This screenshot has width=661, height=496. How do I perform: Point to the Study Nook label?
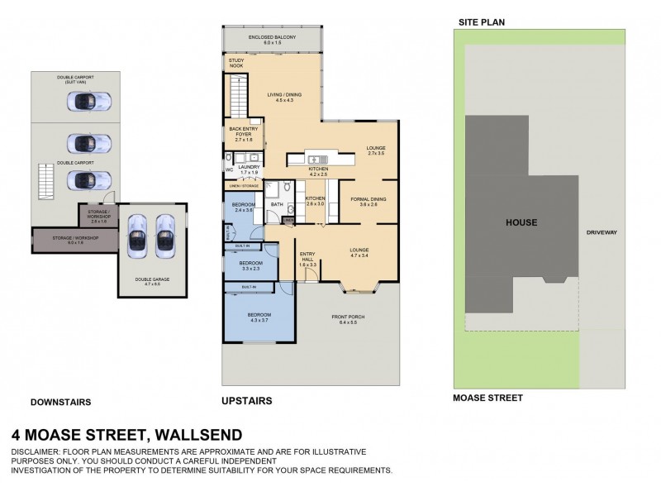tap(236, 64)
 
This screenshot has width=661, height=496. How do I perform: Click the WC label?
tap(229, 170)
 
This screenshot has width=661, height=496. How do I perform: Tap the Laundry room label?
tap(249, 169)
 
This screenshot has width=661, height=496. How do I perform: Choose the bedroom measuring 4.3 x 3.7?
tap(259, 317)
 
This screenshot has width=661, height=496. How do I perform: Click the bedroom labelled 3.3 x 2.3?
tap(250, 265)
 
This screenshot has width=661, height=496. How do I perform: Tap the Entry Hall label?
tap(307, 256)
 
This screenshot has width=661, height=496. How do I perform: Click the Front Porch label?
tap(348, 319)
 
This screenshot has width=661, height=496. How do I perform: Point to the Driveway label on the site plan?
tap(601, 232)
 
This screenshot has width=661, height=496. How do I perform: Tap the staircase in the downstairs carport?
tap(45, 181)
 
